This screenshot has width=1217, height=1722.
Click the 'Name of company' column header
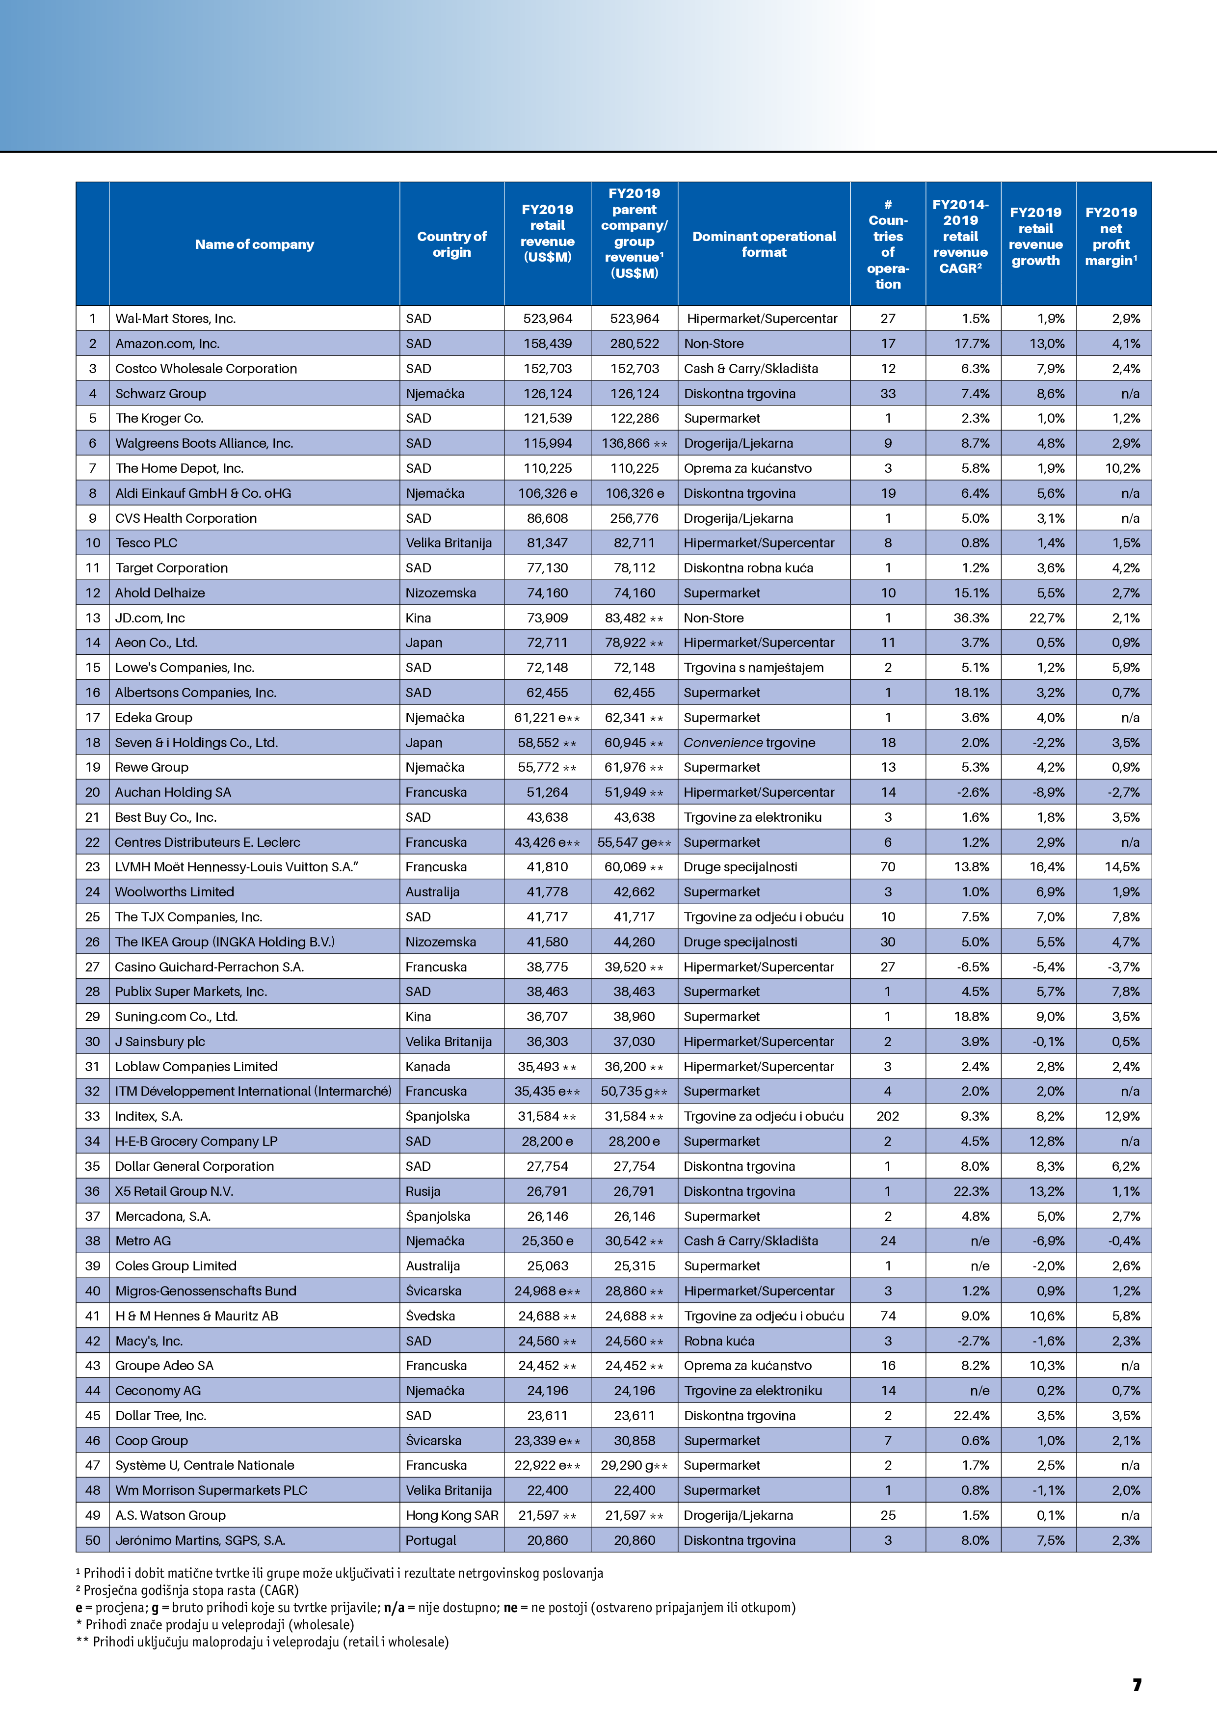tap(254, 244)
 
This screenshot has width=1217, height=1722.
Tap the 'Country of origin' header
tap(451, 244)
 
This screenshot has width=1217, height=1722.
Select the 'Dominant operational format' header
tap(764, 244)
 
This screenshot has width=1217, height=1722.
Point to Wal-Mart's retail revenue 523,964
tap(547, 319)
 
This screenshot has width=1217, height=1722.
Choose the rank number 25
tap(92, 916)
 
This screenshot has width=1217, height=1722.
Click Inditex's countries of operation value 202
tap(887, 1116)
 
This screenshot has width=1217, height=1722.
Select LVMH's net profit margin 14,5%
tap(1122, 867)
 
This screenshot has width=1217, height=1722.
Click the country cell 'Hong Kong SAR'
tap(451, 1515)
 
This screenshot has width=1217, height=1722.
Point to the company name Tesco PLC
tap(146, 543)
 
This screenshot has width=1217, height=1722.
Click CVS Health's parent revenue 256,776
tap(635, 518)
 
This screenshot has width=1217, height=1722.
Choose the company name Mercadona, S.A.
tap(163, 1216)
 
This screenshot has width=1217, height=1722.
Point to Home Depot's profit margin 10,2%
tap(1122, 468)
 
